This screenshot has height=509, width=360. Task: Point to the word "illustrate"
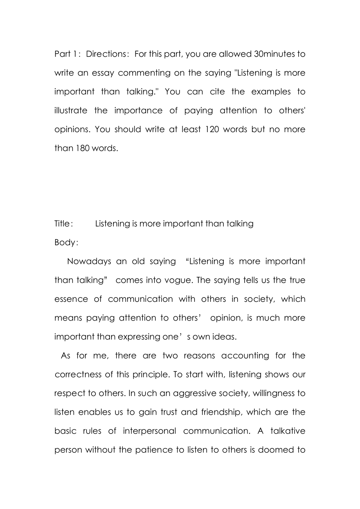pyautogui.click(x=71, y=110)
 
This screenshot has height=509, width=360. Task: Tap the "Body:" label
pyautogui.click(x=67, y=242)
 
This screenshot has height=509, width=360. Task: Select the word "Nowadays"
pyautogui.click(x=89, y=261)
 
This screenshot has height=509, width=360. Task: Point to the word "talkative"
pyautogui.click(x=286, y=431)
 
